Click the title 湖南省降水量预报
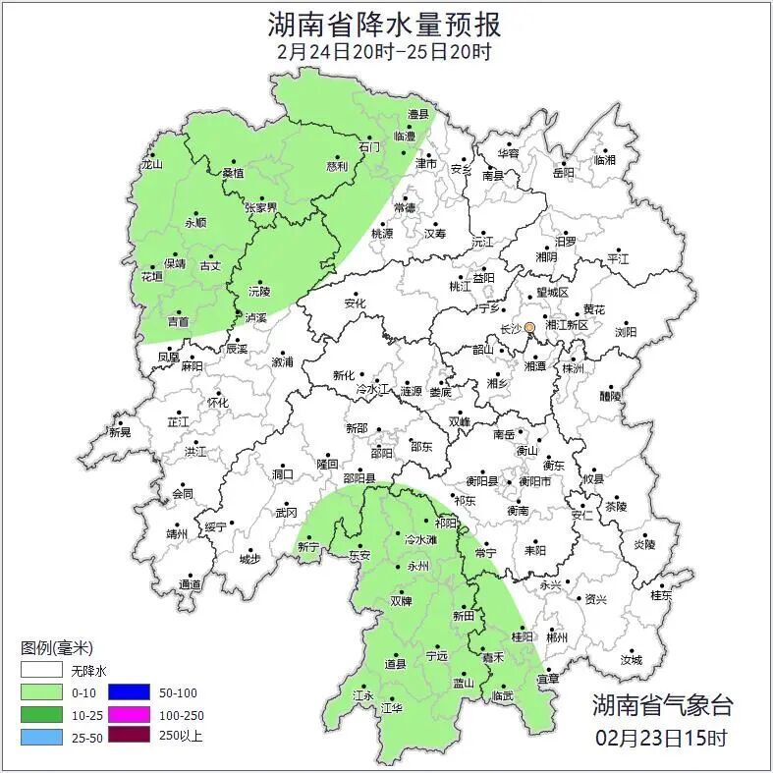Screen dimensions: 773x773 [385, 24]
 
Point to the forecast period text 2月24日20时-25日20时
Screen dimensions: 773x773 [384, 51]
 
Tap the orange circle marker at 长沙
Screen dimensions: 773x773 [529, 327]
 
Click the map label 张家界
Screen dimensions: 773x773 [261, 207]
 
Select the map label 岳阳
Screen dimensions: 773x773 [564, 173]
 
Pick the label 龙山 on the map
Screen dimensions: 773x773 [151, 165]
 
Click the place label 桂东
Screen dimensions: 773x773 [661, 595]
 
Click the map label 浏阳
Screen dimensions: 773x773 [626, 332]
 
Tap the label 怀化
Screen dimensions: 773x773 [217, 403]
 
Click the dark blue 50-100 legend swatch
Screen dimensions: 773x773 [128, 692]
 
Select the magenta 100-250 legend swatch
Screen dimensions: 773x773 [128, 714]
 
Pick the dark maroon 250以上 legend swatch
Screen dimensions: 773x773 [128, 735]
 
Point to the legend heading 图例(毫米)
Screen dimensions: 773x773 [58, 648]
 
